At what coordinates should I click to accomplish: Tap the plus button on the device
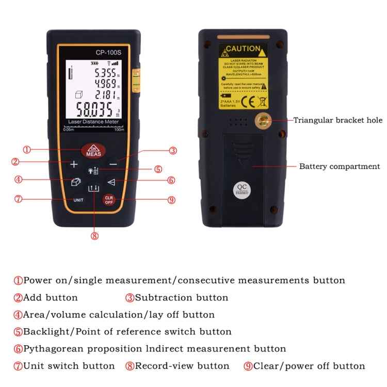click(x=74, y=165)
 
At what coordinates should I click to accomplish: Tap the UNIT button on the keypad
click(x=78, y=200)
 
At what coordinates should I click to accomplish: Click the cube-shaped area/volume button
click(x=76, y=182)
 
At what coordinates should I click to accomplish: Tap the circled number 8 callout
click(x=94, y=236)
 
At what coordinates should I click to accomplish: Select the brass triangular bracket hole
click(x=263, y=121)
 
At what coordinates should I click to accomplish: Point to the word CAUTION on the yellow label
click(x=243, y=49)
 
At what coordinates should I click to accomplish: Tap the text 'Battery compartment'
click(x=340, y=167)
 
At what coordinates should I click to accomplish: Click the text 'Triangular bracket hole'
click(x=338, y=120)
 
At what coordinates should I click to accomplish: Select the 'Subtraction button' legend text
click(x=181, y=298)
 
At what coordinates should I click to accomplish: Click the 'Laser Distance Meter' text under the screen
click(x=93, y=122)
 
